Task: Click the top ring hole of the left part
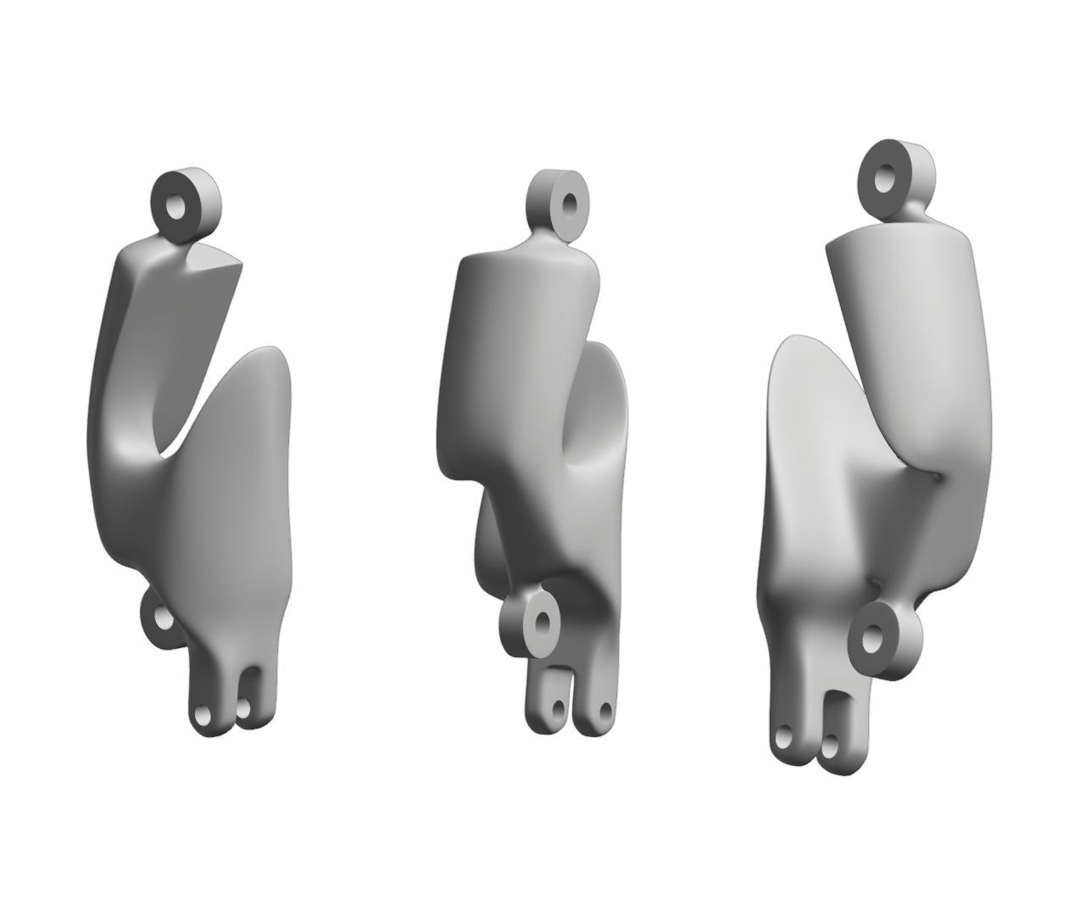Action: tap(177, 207)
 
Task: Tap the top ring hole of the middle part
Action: tap(570, 203)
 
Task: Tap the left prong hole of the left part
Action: tap(203, 717)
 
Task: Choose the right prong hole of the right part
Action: tap(830, 746)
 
